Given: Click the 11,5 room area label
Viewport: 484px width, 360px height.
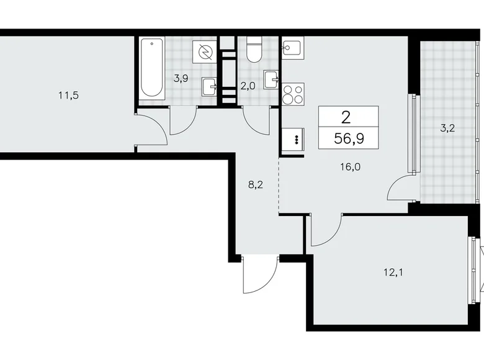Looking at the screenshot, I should point(68,96).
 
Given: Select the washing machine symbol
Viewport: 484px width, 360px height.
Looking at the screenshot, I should point(204,53).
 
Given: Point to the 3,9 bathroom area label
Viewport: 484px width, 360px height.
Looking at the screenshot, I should point(181,78).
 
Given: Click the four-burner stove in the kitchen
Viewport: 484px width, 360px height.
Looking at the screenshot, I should point(293,95).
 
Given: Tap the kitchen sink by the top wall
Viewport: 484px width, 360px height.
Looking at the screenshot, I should point(292,48).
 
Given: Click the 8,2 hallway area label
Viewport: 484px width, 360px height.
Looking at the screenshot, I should point(255,184).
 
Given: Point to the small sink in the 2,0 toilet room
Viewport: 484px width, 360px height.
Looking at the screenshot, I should point(271,79).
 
